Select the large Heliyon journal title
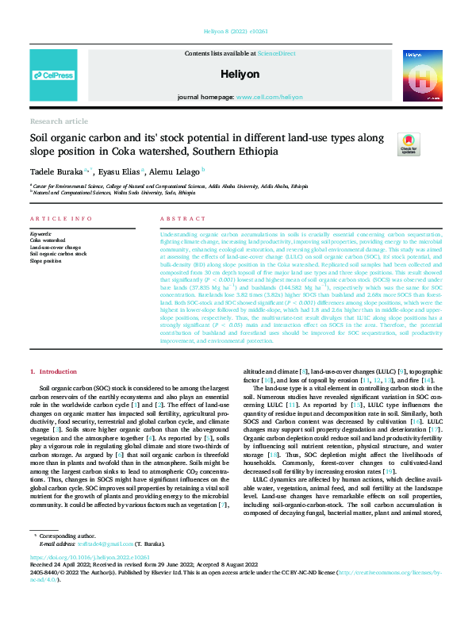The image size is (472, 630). pyautogui.click(x=236, y=72)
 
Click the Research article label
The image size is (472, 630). pyautogui.click(x=59, y=121)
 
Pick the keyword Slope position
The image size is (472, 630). pyautogui.click(x=45, y=261)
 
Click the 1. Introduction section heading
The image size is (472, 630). pyautogui.click(x=54, y=371)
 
